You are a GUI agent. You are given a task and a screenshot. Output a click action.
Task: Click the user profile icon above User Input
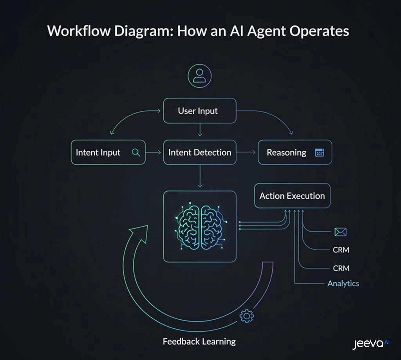200,75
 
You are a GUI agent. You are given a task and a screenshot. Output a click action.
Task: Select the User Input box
200,111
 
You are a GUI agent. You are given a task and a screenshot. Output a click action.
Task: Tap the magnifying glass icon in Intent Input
136,153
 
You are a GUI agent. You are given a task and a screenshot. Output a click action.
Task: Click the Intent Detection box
200,153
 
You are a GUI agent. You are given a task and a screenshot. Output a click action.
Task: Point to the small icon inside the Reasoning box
319,153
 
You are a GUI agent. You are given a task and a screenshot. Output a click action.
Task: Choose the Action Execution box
292,196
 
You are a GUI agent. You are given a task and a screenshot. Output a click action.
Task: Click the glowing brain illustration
200,226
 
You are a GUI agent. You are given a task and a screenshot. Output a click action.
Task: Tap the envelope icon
340,232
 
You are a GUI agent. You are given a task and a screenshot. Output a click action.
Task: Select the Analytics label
343,283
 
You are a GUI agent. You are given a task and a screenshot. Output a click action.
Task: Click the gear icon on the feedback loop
246,316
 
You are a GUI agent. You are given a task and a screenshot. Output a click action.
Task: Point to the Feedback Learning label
199,341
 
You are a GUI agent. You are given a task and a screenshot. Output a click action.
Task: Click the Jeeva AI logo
370,344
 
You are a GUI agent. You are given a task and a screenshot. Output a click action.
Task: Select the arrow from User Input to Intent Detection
200,130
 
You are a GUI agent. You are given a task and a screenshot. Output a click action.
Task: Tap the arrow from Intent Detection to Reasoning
247,153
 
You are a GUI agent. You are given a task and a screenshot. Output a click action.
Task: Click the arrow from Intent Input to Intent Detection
154,153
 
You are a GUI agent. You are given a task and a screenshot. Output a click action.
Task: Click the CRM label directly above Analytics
341,268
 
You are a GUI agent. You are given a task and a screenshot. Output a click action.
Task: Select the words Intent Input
98,153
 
